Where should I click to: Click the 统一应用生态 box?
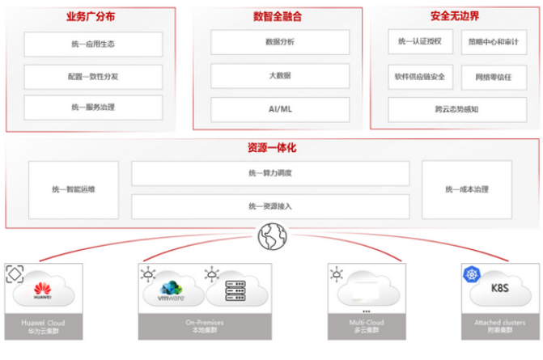[x=93, y=44]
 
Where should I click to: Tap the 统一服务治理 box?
[x=93, y=107]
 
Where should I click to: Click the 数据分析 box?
[x=280, y=42]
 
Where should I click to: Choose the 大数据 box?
[x=280, y=75]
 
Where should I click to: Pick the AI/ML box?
[x=280, y=108]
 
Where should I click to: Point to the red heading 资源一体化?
[x=270, y=148]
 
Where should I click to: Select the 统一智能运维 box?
[x=73, y=189]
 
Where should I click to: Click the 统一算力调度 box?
[x=270, y=174]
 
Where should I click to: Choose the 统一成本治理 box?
[x=467, y=189]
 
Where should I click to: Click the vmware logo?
[x=172, y=290]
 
